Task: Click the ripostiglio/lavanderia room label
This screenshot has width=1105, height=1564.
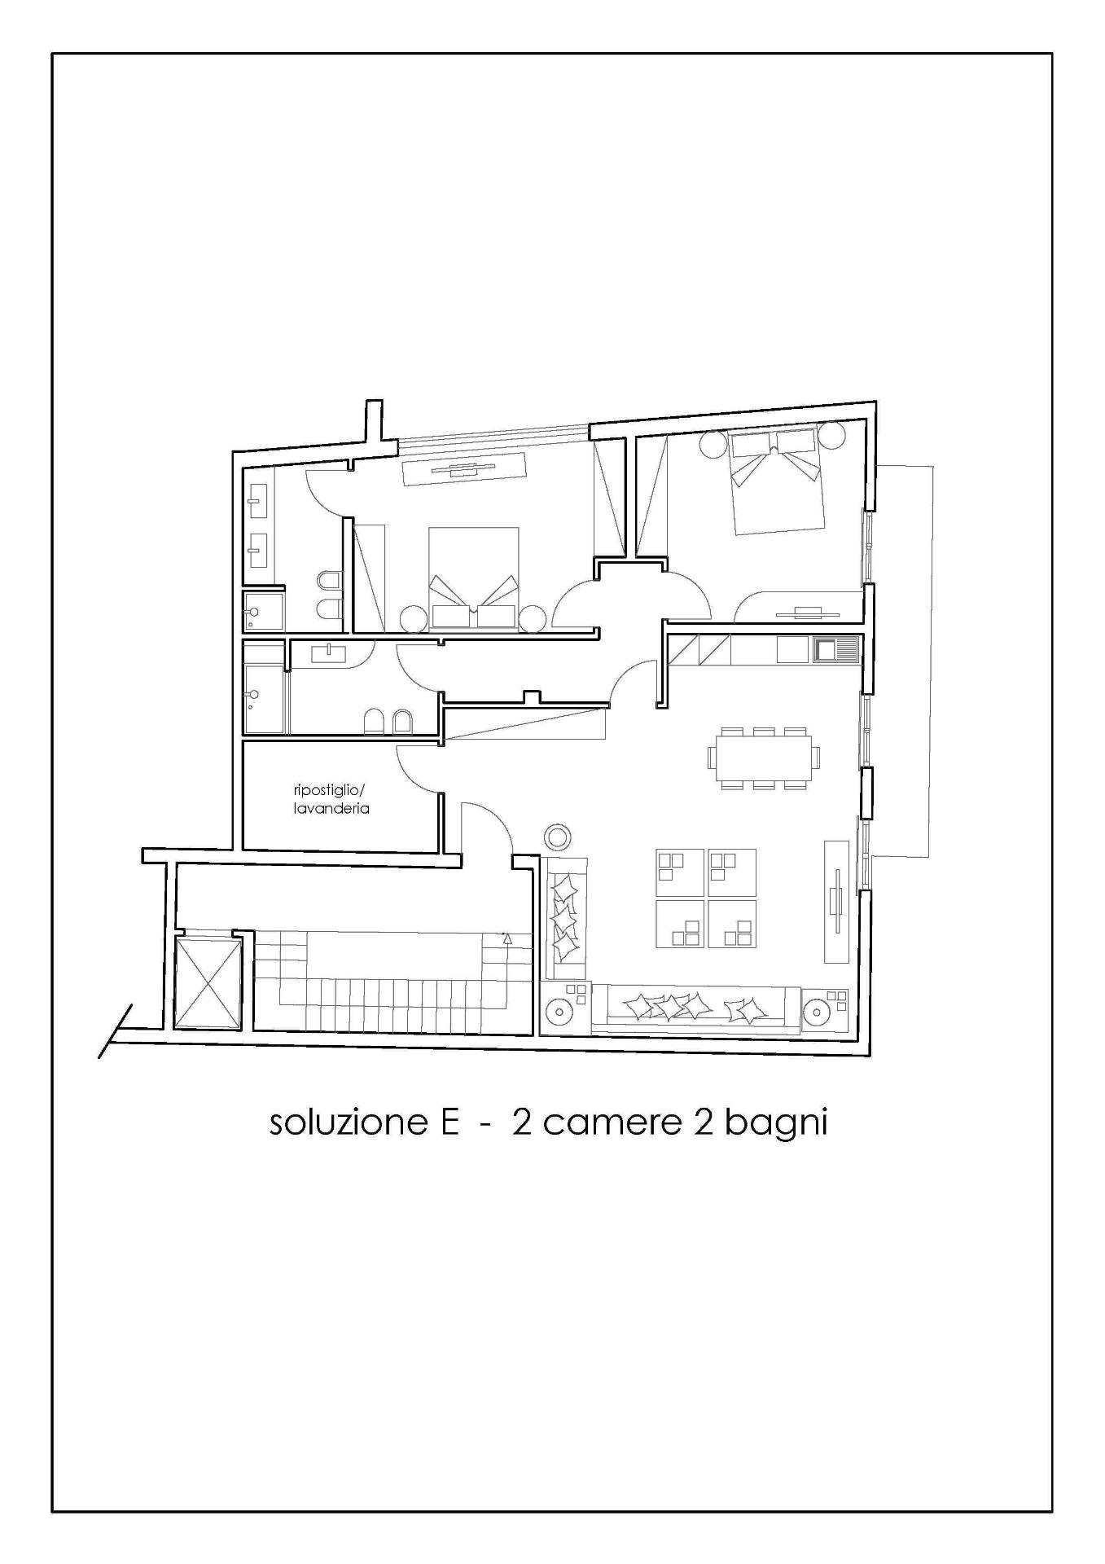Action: pyautogui.click(x=331, y=799)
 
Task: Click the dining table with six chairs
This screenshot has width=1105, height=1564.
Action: pyautogui.click(x=764, y=758)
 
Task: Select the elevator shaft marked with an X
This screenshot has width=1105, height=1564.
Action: pyautogui.click(x=209, y=983)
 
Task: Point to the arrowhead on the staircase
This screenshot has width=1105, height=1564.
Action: pyautogui.click(x=507, y=938)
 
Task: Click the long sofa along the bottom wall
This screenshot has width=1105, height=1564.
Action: pyautogui.click(x=695, y=1010)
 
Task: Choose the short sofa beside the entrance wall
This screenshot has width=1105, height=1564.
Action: pyautogui.click(x=565, y=917)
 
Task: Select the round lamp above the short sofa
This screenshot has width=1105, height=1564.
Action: pyautogui.click(x=558, y=837)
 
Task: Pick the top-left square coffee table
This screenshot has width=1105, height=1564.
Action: pyautogui.click(x=679, y=872)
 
